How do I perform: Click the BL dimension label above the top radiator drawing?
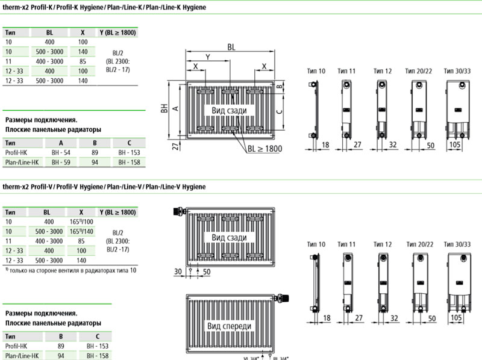tap(231, 47)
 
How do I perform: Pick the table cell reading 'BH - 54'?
tap(61, 153)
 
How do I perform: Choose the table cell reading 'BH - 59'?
tap(61, 163)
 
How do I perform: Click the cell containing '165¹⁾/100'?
tap(83, 222)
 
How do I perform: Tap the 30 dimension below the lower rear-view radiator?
tap(177, 272)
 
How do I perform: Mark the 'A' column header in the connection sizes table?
tap(61, 143)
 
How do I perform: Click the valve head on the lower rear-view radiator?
tap(177, 212)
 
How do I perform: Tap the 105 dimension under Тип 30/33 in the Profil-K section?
tap(457, 144)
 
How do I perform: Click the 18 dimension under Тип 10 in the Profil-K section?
tap(325, 144)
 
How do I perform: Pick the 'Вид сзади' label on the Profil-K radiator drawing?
tap(229, 111)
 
